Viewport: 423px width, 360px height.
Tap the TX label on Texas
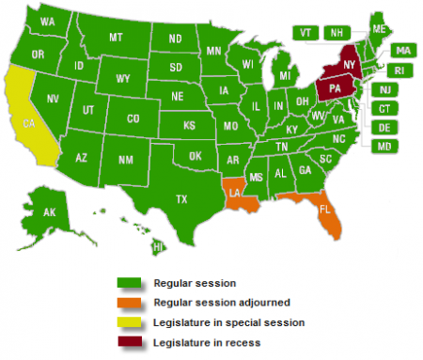[180, 198]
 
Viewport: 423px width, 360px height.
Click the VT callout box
[306, 32]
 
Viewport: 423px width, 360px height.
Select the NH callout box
[334, 32]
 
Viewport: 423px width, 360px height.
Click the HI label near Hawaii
[158, 246]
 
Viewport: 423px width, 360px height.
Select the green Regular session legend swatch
[129, 283]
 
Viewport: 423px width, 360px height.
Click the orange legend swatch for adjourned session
[129, 303]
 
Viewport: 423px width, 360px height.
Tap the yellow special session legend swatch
[129, 323]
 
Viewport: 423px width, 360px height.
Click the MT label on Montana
[116, 38]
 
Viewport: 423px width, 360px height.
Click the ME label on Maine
[378, 30]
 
